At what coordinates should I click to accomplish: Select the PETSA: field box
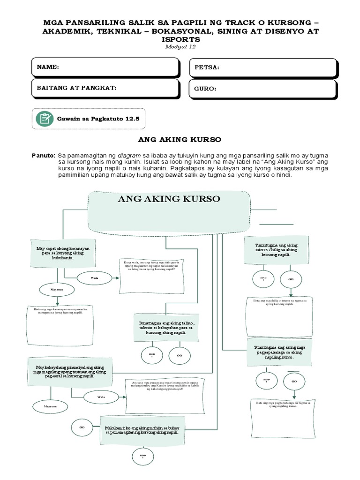262,68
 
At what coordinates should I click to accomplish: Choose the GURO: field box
262,89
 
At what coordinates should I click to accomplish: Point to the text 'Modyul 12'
180,47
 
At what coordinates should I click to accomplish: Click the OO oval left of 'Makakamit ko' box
82,427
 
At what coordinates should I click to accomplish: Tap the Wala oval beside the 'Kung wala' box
94,278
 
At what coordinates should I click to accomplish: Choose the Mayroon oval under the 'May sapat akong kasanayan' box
57,290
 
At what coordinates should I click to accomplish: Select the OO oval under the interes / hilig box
291,279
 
